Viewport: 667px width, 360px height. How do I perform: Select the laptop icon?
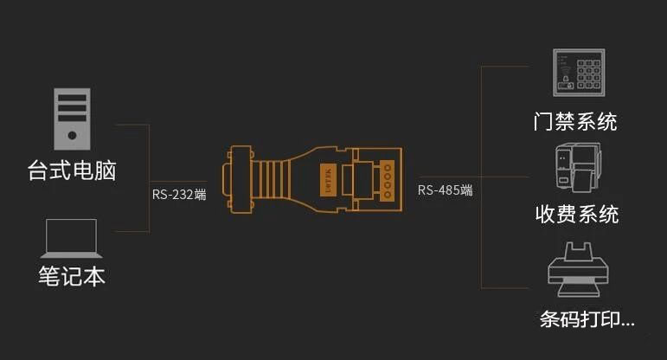[x=71, y=238]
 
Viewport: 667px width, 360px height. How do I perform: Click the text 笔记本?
[x=71, y=276]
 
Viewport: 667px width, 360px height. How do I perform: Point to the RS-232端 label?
[x=179, y=194]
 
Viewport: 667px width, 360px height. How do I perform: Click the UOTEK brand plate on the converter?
[x=328, y=176]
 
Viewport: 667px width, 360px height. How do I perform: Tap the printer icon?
[x=575, y=268]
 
